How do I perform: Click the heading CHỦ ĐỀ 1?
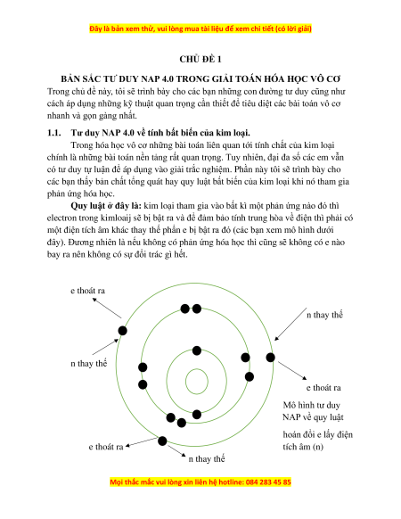click(x=200, y=59)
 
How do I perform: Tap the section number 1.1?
click(x=54, y=133)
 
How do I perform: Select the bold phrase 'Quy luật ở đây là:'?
click(x=106, y=206)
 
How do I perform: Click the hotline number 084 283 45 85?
click(x=268, y=482)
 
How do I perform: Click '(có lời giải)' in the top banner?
click(x=293, y=29)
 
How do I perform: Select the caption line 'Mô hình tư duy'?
click(x=311, y=405)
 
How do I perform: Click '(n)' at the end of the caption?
click(x=317, y=447)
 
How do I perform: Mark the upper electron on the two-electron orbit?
click(x=197, y=350)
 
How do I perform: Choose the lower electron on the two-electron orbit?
click(x=197, y=414)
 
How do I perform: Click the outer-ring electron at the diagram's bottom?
click(x=162, y=441)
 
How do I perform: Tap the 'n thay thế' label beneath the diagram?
click(x=207, y=459)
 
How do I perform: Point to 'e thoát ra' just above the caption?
click(x=323, y=388)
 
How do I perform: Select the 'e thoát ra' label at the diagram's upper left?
click(x=87, y=291)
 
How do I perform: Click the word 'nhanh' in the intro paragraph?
click(x=58, y=116)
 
